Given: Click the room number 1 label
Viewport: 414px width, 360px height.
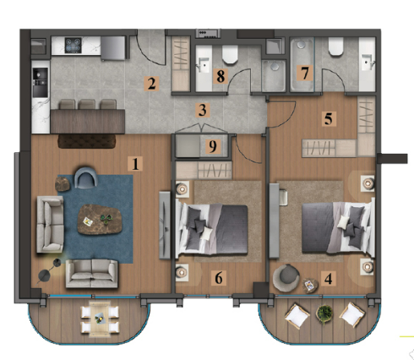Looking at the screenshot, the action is pos(135,164).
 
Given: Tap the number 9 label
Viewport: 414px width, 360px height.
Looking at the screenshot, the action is pos(213,146).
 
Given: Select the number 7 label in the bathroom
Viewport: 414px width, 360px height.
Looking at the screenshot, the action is pos(305,73).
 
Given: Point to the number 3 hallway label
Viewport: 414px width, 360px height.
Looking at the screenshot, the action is pos(203,110).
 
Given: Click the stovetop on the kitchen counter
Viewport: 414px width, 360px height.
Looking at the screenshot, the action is pos(74,46).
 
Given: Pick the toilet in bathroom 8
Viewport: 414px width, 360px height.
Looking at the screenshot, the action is pos(230,54).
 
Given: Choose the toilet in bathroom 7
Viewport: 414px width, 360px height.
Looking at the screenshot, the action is pos(335,46).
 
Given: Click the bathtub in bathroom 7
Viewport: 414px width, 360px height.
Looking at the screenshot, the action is pos(302,65).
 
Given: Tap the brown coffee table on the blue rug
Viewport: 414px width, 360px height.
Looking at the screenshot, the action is pos(100,219).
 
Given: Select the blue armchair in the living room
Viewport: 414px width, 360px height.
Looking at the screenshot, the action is pos(86,177).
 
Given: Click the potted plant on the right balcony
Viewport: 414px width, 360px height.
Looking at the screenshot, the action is pos(324,314).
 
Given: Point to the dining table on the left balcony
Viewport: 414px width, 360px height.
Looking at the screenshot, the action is pos(100,319).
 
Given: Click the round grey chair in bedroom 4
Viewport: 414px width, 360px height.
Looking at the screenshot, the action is pos(286,277).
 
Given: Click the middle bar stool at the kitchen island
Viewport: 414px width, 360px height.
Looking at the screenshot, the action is pos(87,104).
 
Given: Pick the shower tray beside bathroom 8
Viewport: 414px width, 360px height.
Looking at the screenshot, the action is pos(274,76).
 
